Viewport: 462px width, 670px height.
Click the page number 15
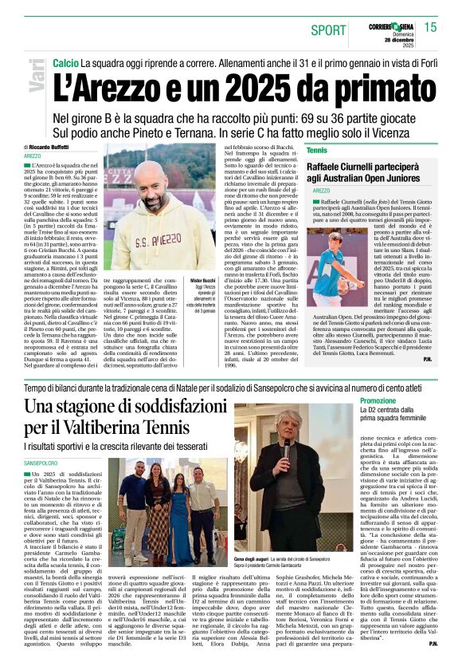pos(430,27)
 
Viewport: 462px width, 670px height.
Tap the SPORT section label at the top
pos(328,30)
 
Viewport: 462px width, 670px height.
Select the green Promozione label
pos(378,400)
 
